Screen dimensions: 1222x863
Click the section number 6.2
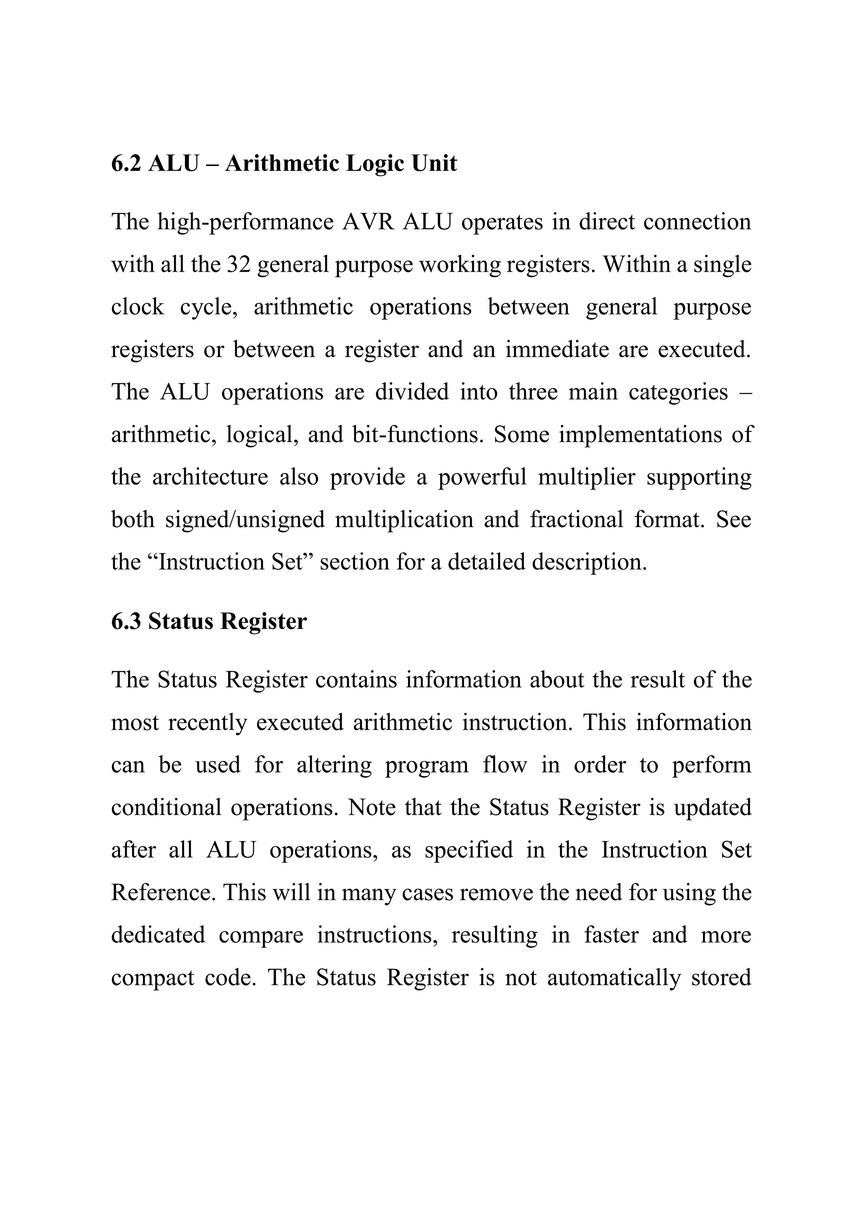click(x=126, y=163)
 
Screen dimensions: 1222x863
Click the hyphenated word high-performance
click(x=245, y=222)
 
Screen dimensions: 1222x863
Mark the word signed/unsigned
click(x=244, y=519)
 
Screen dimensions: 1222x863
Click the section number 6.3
click(x=126, y=621)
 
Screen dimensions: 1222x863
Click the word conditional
click(x=166, y=808)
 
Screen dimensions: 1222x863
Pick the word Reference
click(x=163, y=893)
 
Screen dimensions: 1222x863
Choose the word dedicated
click(x=158, y=935)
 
